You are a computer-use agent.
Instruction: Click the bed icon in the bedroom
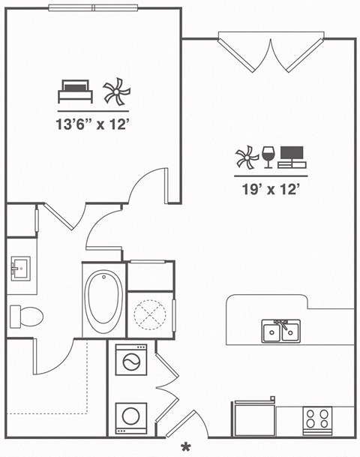click(75, 92)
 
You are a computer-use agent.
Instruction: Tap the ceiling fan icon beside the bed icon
click(115, 92)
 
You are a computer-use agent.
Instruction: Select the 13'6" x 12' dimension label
click(94, 123)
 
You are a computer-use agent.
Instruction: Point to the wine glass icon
click(268, 157)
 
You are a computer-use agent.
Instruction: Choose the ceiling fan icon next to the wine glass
click(247, 157)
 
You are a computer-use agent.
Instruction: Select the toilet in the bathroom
click(28, 316)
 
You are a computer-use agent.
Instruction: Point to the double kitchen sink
click(280, 330)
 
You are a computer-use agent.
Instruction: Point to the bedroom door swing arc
click(146, 184)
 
